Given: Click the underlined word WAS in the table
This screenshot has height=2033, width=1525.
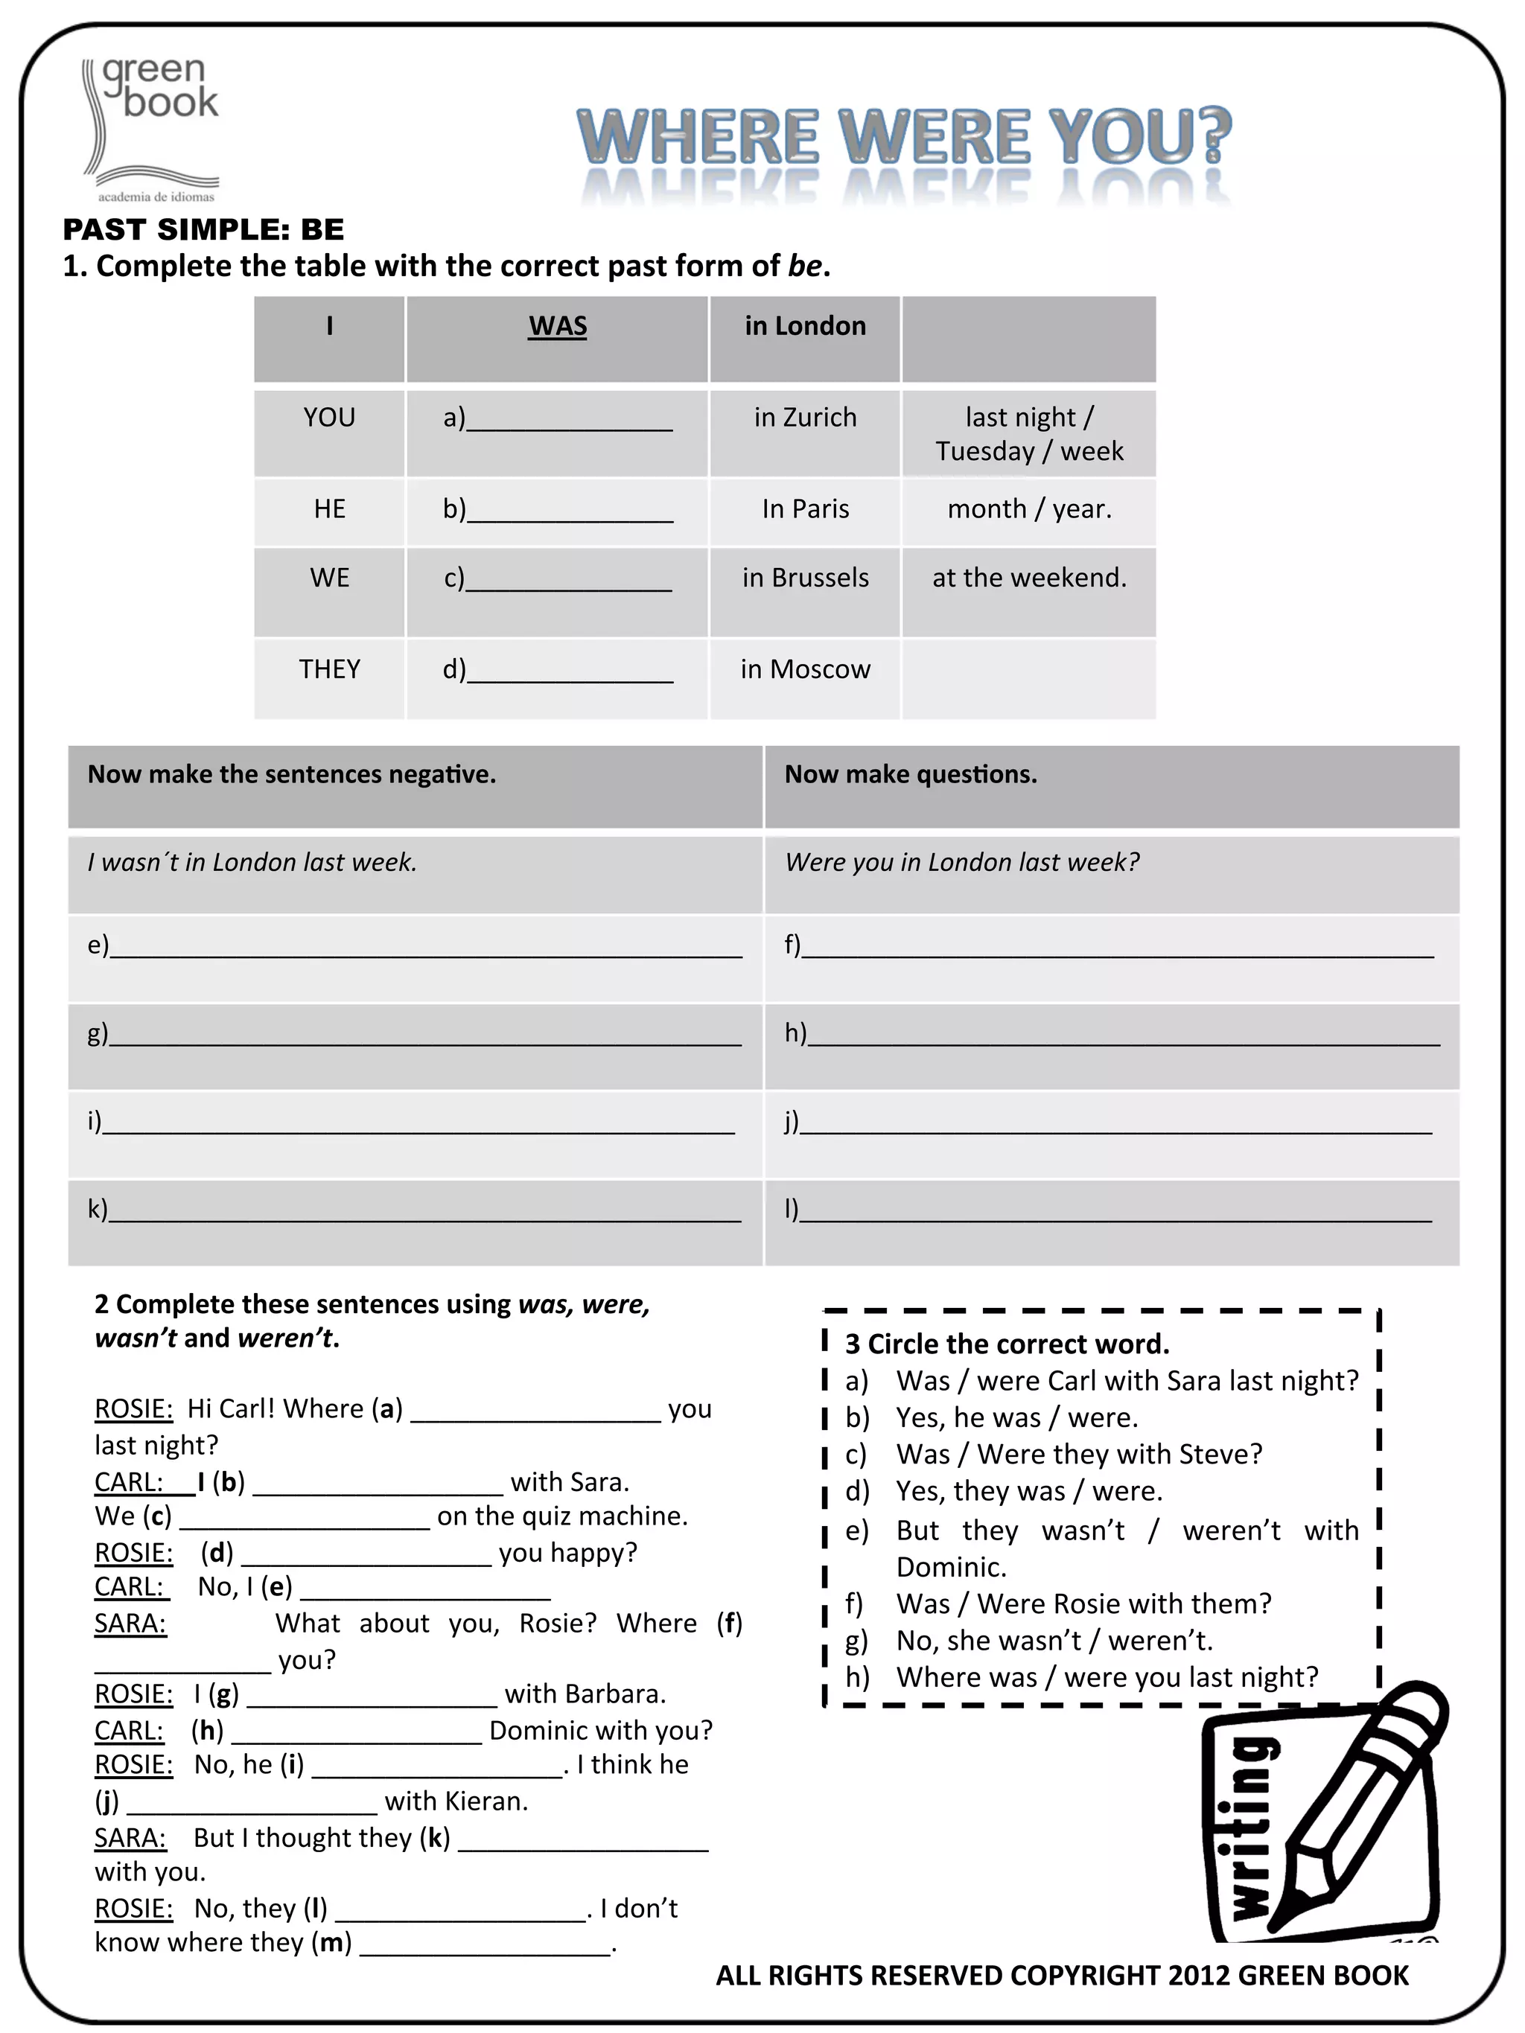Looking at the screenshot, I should click(557, 326).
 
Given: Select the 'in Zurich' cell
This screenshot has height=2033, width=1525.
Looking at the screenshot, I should click(804, 418).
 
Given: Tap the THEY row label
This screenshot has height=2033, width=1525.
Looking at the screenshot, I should click(329, 669).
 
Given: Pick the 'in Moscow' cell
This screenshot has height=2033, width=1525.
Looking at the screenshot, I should click(804, 669).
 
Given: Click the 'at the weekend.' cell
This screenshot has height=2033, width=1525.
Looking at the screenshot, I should click(1028, 578).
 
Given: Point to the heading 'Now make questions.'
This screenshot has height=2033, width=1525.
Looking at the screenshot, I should click(910, 775).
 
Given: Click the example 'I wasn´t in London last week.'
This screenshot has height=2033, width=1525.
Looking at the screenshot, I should click(252, 862).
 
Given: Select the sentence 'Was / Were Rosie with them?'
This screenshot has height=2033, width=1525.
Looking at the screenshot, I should click(1083, 1603).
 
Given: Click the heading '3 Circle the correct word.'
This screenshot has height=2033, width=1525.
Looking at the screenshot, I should click(1007, 1344).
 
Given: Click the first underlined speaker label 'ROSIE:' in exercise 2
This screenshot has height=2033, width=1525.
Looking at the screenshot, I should click(133, 1409).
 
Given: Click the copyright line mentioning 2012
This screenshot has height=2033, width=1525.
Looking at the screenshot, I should click(1062, 1976).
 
